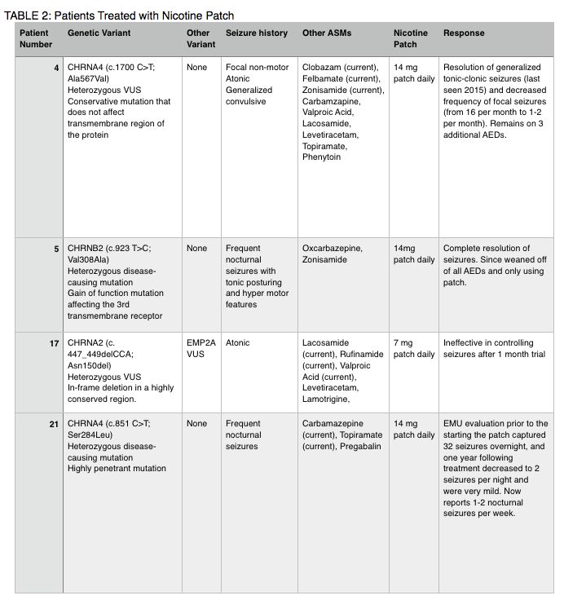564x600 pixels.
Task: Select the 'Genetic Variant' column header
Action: tap(99, 33)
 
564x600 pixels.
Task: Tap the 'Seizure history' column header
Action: tap(256, 33)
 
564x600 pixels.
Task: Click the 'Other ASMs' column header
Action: tap(325, 33)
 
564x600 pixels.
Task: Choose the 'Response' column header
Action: tap(463, 33)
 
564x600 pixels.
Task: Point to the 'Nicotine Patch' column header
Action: tap(410, 38)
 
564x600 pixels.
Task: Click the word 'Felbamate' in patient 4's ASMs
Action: tap(323, 78)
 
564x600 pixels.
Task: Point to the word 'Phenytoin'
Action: tap(323, 157)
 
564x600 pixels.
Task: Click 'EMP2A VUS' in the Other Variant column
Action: tap(200, 349)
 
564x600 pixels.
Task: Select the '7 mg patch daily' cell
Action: tap(413, 349)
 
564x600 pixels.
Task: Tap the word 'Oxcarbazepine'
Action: tap(333, 249)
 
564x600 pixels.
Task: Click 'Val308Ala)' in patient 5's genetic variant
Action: tap(90, 259)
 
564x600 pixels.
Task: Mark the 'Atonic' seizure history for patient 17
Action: tap(238, 343)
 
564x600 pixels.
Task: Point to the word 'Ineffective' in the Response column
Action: tap(467, 343)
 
